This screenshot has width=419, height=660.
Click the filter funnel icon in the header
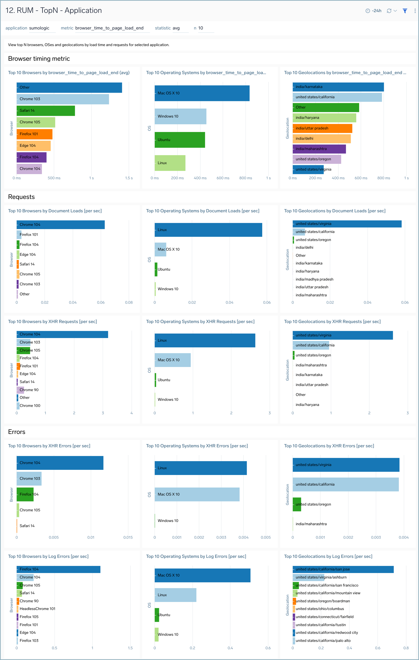click(x=405, y=11)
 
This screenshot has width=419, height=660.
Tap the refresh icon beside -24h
click(x=389, y=11)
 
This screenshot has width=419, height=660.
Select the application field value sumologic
click(x=39, y=28)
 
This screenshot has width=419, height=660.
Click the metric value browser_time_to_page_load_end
click(x=109, y=28)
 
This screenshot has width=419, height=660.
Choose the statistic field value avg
click(x=176, y=28)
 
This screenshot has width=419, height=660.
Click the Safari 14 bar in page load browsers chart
click(x=46, y=111)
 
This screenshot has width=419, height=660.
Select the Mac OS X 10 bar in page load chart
click(x=202, y=93)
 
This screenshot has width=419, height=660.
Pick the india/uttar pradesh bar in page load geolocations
click(x=322, y=128)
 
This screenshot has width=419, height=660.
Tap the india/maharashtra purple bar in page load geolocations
click(x=319, y=149)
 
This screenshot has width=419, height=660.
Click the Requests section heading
click(x=21, y=197)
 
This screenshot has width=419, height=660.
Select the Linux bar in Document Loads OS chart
click(x=208, y=230)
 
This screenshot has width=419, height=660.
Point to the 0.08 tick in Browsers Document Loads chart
click(x=129, y=302)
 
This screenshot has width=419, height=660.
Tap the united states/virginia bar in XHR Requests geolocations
click(x=342, y=335)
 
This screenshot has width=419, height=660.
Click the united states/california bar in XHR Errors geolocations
click(x=346, y=484)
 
